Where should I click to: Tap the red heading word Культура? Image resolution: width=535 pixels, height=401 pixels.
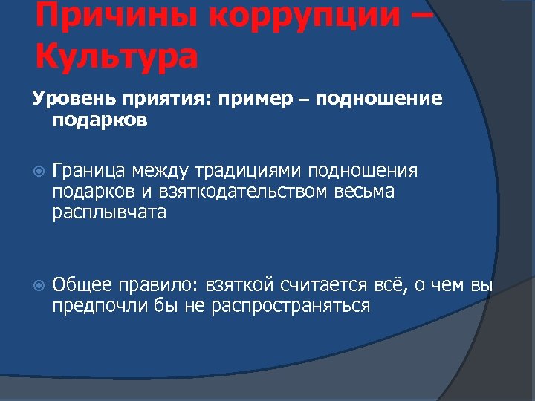(115, 56)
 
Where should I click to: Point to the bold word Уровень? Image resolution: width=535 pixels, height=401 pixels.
(65, 99)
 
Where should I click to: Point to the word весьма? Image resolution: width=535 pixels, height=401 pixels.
(368, 192)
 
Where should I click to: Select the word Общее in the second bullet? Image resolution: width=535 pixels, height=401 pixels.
(82, 284)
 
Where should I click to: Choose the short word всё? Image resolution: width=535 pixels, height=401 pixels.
(393, 284)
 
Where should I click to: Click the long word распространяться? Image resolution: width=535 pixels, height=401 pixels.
(291, 305)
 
